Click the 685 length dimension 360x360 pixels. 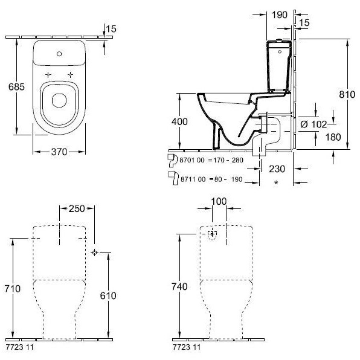(x=16, y=87)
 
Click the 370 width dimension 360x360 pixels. (x=59, y=152)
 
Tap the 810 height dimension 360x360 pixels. (x=347, y=94)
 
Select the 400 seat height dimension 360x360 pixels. (x=179, y=121)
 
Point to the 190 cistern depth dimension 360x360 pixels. (x=280, y=14)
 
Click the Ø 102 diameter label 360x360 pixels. (x=313, y=124)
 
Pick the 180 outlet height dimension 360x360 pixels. (x=333, y=137)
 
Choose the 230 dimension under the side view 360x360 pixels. (x=277, y=169)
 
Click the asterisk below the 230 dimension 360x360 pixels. (x=276, y=182)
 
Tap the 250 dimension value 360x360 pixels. (x=77, y=208)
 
